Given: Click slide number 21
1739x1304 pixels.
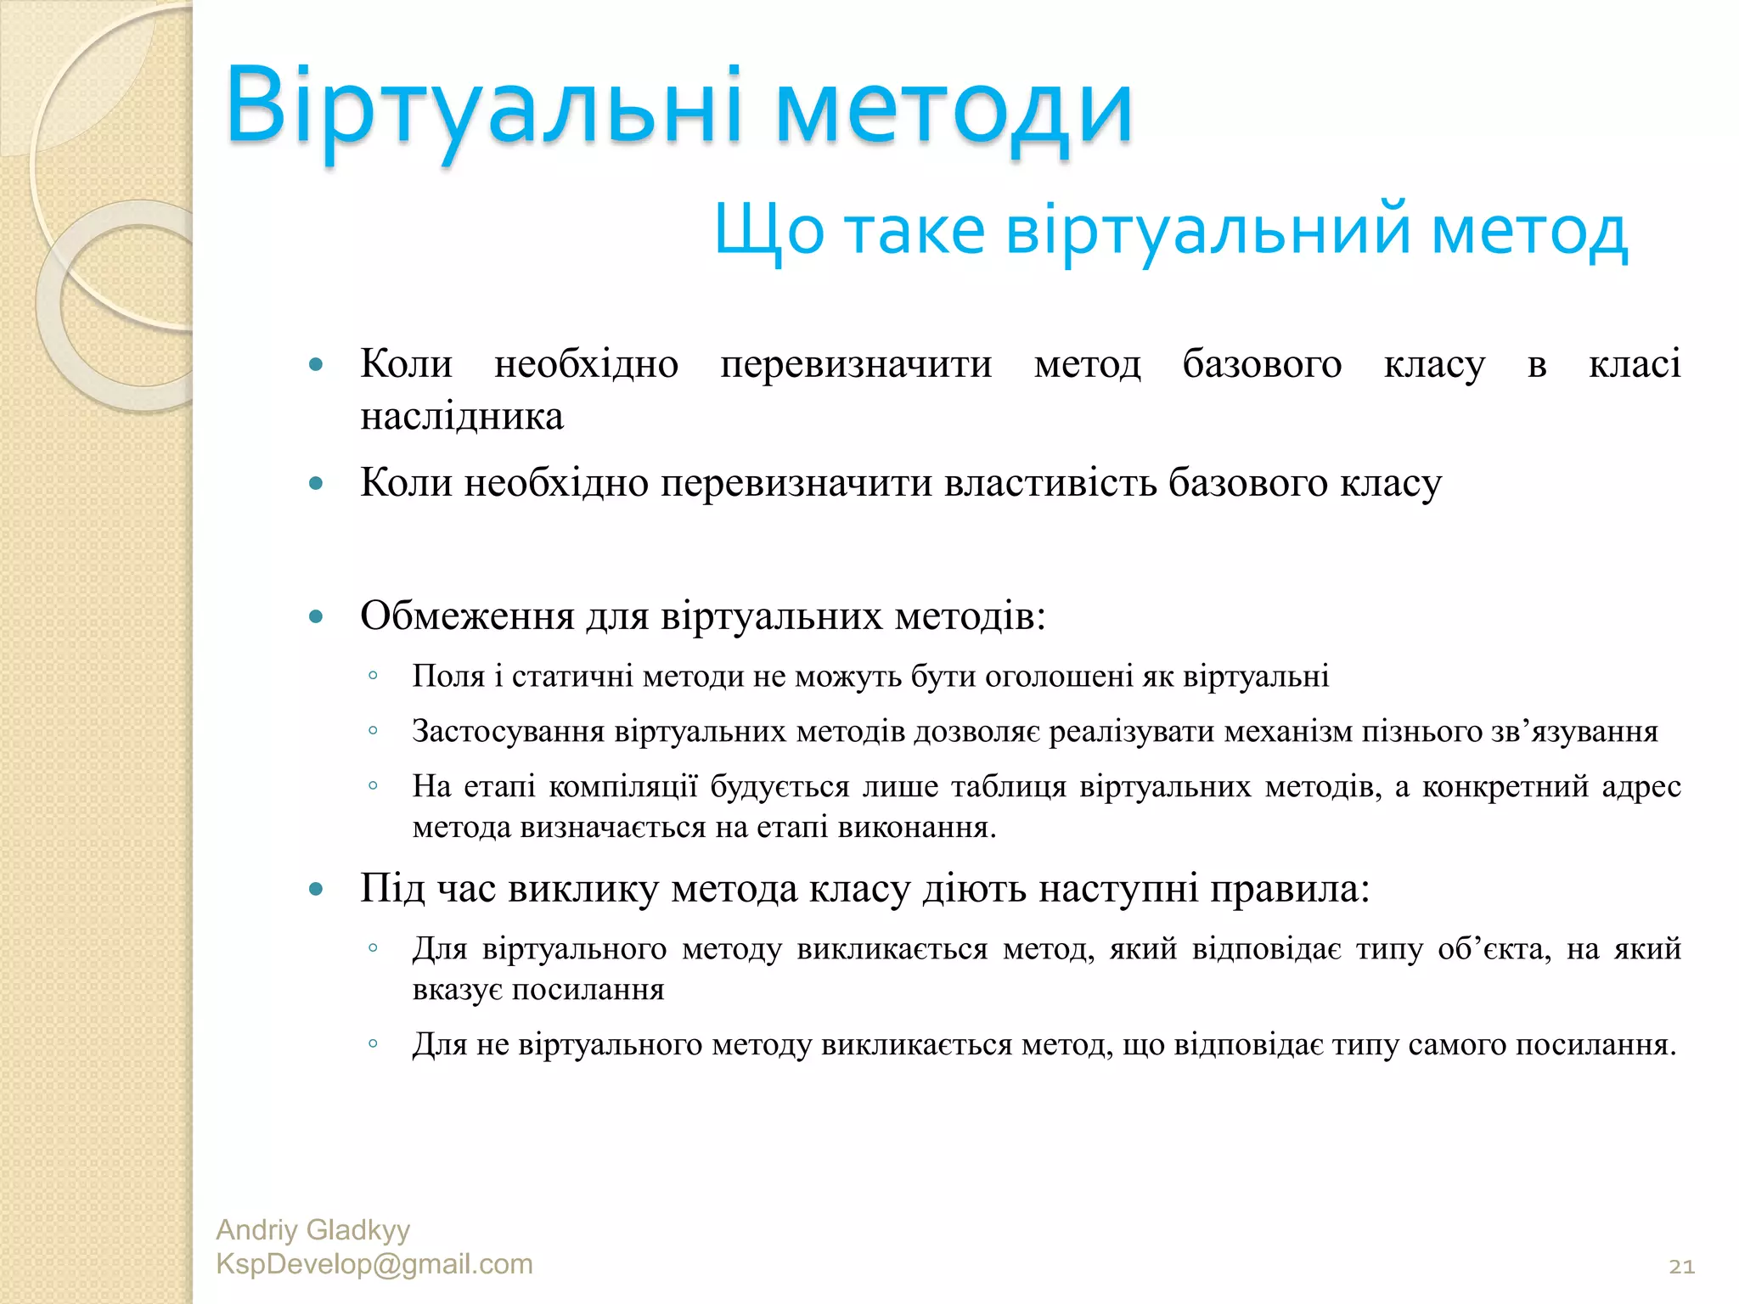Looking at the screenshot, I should click(x=1681, y=1267).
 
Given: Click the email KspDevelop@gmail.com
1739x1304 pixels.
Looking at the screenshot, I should click(x=374, y=1264).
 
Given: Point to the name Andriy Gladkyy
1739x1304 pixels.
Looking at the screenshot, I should click(x=312, y=1229).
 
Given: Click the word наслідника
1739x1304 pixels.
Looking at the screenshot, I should click(x=462, y=417).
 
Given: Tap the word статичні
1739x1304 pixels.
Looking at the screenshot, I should click(x=571, y=677).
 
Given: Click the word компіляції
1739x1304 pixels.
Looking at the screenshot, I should click(x=622, y=787).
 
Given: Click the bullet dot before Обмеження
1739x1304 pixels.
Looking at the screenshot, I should click(x=317, y=616).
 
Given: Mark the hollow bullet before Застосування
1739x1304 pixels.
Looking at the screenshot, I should click(x=373, y=731).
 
